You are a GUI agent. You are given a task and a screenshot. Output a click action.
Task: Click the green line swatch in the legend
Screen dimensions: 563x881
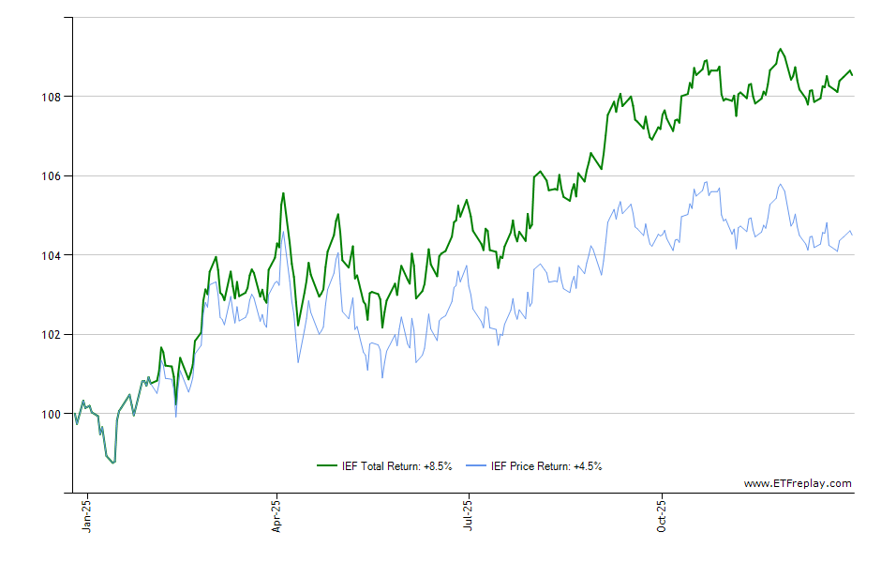pyautogui.click(x=327, y=466)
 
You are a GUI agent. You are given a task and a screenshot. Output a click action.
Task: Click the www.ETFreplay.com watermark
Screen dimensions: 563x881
pyautogui.click(x=798, y=484)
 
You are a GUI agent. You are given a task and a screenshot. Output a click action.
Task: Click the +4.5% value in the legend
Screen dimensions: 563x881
pyautogui.click(x=588, y=466)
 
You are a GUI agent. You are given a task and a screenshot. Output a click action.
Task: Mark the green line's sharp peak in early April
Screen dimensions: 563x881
pyautogui.click(x=283, y=193)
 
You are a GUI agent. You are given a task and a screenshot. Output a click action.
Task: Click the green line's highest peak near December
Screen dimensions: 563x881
pyautogui.click(x=780, y=49)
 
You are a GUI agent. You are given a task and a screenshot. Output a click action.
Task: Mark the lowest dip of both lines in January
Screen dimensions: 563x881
pyautogui.click(x=113, y=463)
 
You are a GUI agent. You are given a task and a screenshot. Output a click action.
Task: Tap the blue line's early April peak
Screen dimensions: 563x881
pyautogui.click(x=283, y=231)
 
